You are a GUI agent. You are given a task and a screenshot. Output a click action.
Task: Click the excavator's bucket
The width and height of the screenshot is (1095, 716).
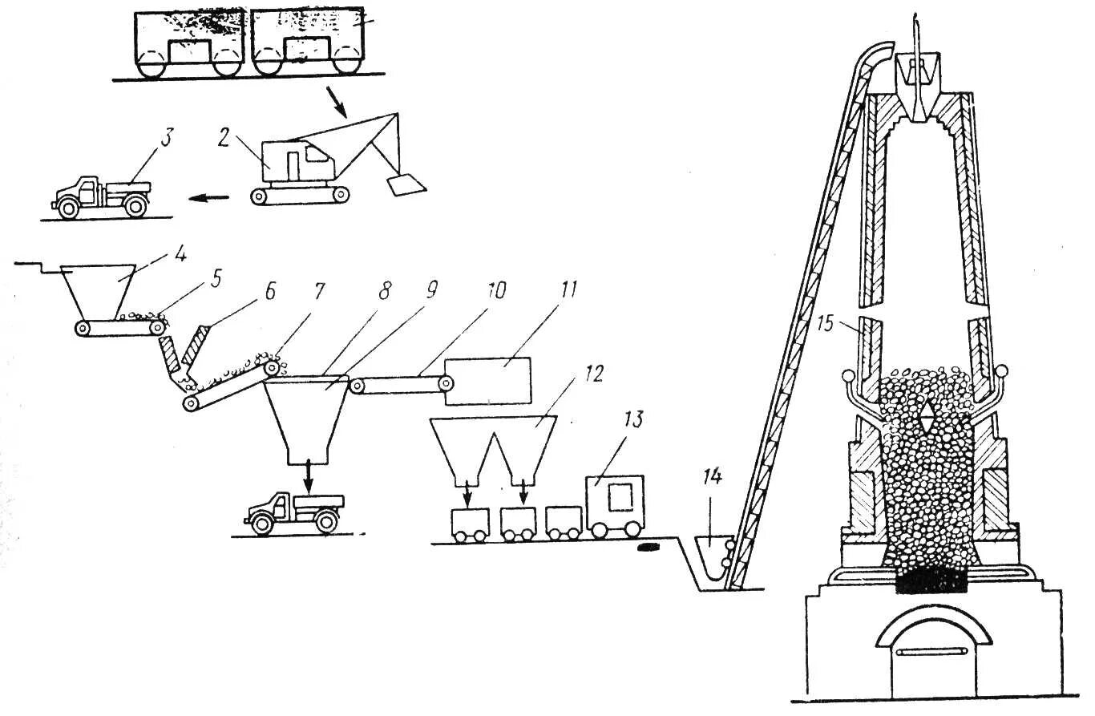pyautogui.click(x=405, y=185)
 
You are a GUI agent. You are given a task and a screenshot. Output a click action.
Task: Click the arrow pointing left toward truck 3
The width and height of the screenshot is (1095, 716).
pyautogui.click(x=212, y=196)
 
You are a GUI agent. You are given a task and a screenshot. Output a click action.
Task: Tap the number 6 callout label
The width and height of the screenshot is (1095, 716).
pyautogui.click(x=268, y=291)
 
